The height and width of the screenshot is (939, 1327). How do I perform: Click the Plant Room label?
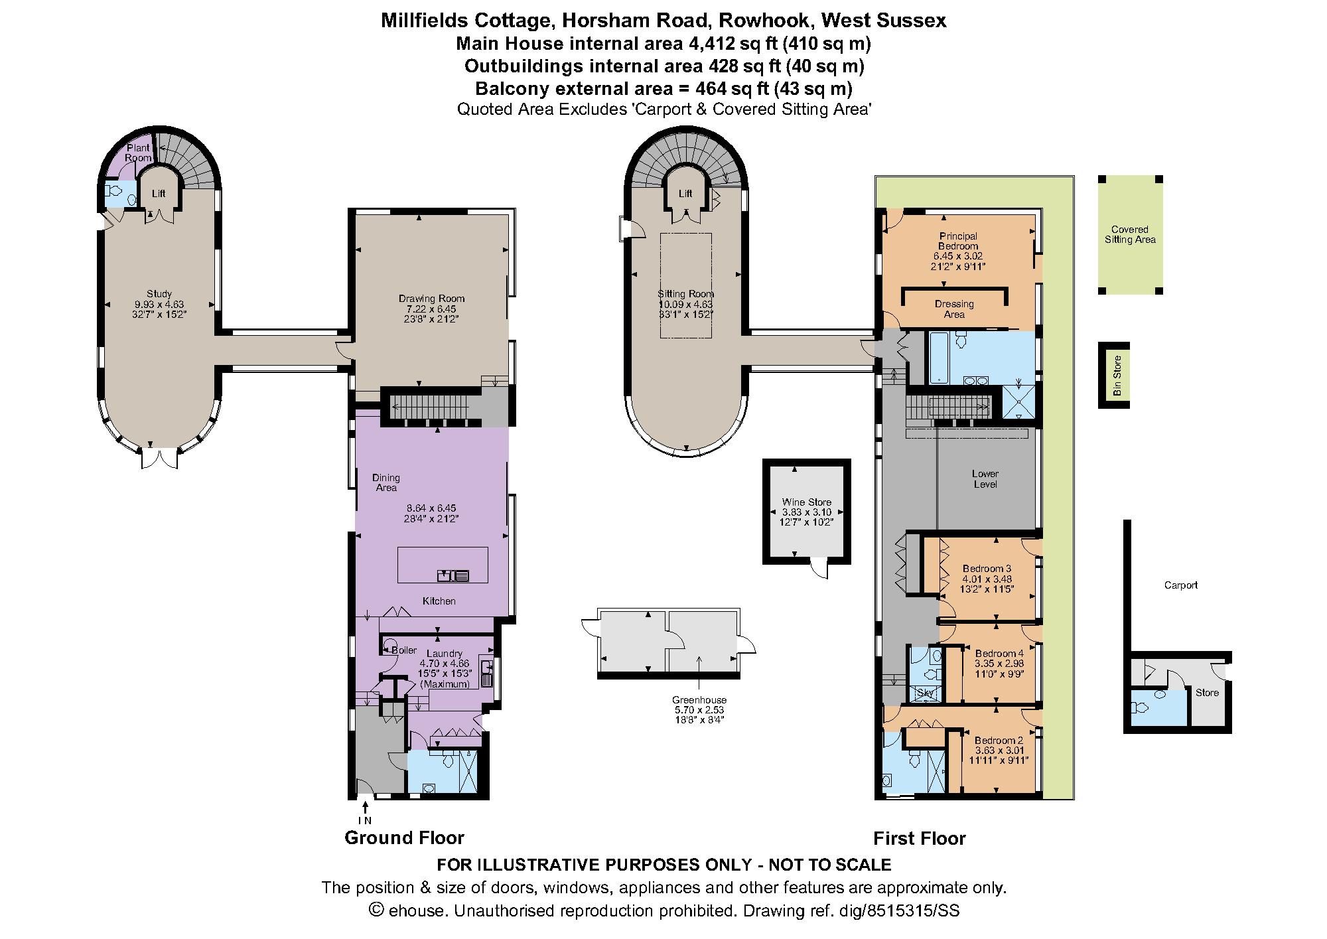click(x=138, y=153)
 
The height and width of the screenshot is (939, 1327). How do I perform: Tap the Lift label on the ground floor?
click(x=159, y=194)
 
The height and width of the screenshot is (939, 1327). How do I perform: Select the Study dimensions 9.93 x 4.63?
click(x=159, y=304)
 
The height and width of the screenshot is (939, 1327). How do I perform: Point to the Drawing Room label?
click(x=431, y=299)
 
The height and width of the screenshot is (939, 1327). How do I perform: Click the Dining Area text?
click(x=385, y=482)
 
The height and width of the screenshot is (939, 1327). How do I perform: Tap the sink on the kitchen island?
click(x=453, y=575)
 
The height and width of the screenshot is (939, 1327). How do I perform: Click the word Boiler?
click(x=403, y=650)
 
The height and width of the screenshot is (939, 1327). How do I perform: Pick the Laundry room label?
click(x=444, y=654)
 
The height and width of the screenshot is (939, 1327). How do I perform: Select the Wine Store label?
click(x=806, y=502)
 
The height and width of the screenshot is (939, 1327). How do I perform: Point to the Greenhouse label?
click(x=699, y=699)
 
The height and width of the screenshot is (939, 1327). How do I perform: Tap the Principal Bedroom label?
click(x=958, y=241)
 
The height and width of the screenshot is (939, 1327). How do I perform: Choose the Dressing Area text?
click(x=954, y=309)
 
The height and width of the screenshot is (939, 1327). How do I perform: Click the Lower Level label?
click(x=985, y=478)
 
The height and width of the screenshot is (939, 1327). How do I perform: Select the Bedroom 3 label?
click(x=987, y=569)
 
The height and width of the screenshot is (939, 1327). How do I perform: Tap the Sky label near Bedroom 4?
click(x=925, y=693)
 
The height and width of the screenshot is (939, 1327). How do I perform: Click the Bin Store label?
click(x=1117, y=376)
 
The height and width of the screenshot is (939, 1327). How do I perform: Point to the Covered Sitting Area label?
click(x=1129, y=234)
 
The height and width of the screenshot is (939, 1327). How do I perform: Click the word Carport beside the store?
click(x=1180, y=585)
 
